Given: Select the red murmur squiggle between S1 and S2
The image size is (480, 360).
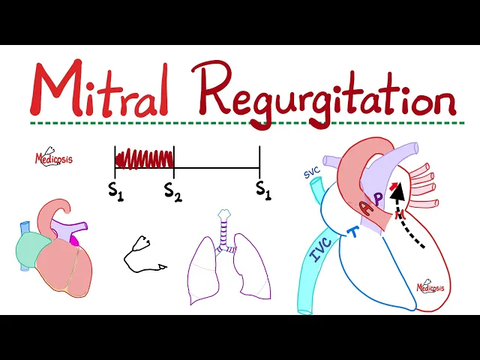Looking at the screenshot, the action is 144,158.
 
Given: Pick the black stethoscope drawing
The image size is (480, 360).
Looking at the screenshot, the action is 142,253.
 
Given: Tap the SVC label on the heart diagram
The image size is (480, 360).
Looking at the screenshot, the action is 312,173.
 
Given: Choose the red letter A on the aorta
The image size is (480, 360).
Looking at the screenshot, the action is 365,209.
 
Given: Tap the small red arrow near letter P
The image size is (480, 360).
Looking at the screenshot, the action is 391,186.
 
